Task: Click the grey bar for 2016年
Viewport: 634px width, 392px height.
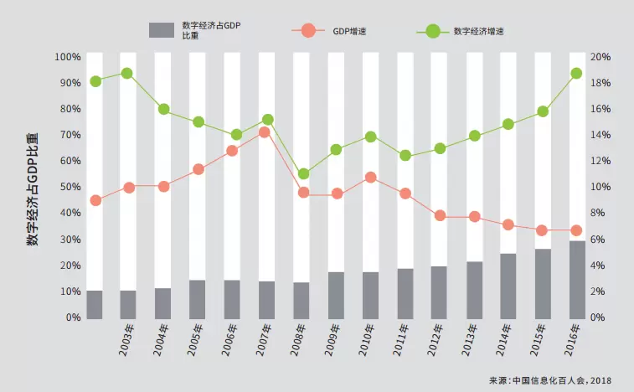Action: (576, 279)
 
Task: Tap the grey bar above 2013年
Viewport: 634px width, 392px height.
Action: (473, 290)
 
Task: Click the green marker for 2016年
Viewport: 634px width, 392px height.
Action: (576, 74)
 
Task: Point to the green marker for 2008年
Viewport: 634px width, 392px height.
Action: (302, 174)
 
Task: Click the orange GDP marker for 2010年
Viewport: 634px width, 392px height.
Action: (370, 178)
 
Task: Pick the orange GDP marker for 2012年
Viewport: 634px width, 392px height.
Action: (439, 216)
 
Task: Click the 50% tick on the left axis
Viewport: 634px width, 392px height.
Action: (70, 187)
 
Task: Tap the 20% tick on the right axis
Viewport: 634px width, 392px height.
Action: (600, 57)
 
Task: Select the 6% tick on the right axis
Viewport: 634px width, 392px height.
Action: (597, 240)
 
